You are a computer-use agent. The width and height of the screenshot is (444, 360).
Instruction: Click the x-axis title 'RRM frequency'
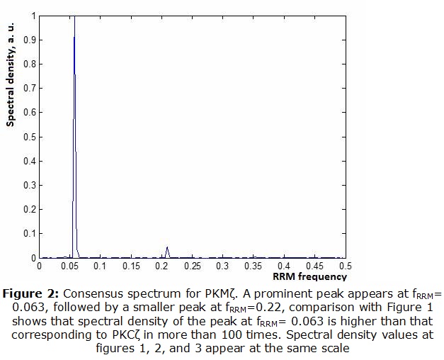(309, 276)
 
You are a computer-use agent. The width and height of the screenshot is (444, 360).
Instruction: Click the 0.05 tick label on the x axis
(69, 266)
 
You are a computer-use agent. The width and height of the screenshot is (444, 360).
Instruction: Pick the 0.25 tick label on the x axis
(191, 266)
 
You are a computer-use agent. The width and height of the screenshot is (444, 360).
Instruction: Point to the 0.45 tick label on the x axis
(314, 266)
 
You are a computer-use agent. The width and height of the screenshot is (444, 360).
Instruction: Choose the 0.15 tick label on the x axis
(130, 266)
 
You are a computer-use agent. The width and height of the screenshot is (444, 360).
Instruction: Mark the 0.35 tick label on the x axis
(253, 266)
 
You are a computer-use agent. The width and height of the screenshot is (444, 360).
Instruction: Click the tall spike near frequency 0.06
(74, 106)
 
